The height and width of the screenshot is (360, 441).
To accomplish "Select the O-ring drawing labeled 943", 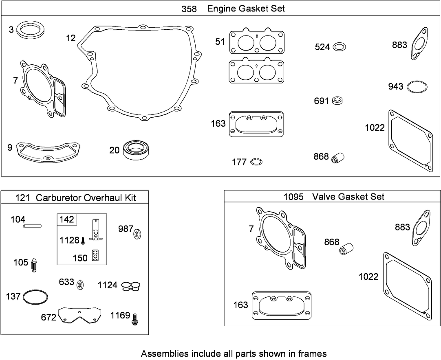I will click(x=417, y=87).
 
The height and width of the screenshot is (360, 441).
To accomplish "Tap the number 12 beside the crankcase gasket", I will click(x=71, y=38).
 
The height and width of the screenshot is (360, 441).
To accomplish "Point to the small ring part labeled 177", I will click(x=256, y=162).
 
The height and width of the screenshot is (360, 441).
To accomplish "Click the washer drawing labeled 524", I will click(x=339, y=47).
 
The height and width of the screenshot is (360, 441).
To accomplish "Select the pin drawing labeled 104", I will click(x=33, y=224).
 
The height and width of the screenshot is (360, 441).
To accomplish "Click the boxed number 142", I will click(x=67, y=220).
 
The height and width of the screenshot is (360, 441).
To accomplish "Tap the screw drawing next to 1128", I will click(x=83, y=240).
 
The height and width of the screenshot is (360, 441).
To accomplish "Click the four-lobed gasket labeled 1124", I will click(x=131, y=286).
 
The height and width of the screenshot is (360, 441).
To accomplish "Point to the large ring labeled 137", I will click(x=35, y=296).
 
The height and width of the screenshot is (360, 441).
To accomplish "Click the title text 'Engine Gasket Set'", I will click(x=246, y=9).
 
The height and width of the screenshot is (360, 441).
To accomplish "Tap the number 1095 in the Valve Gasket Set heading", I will click(x=293, y=197).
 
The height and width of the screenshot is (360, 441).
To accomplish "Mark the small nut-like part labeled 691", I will click(x=337, y=101).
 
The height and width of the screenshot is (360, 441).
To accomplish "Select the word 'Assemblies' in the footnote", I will click(x=161, y=353).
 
